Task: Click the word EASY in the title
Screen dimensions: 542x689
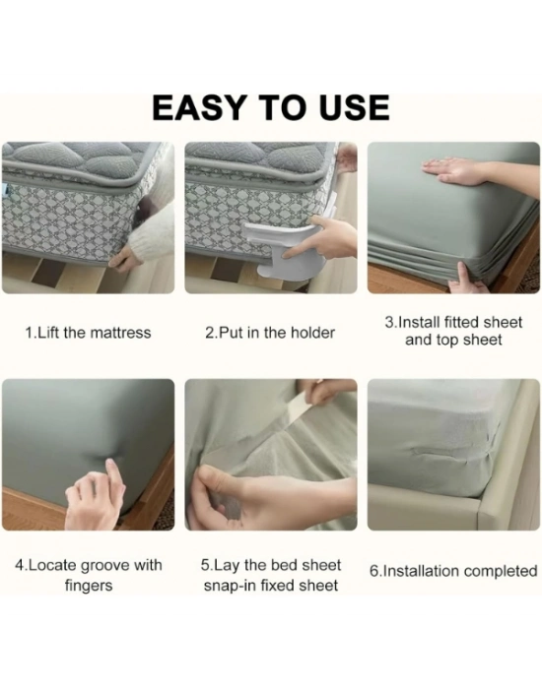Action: pyautogui.click(x=198, y=107)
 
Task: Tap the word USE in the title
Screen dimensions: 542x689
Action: pyautogui.click(x=355, y=107)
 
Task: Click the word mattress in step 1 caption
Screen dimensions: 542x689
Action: pyautogui.click(x=121, y=333)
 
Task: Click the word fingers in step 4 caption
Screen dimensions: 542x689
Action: pyautogui.click(x=89, y=586)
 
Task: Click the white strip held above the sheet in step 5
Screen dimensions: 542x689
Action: pyautogui.click(x=303, y=407)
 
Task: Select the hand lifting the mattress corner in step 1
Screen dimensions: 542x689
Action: pyautogui.click(x=124, y=262)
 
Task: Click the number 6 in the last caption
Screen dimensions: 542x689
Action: pyautogui.click(x=373, y=571)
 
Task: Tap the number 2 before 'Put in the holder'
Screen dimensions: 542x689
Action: pyautogui.click(x=209, y=333)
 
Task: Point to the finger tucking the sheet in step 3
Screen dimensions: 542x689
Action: pyautogui.click(x=463, y=276)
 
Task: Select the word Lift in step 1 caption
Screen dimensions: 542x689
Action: pyautogui.click(x=48, y=333)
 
